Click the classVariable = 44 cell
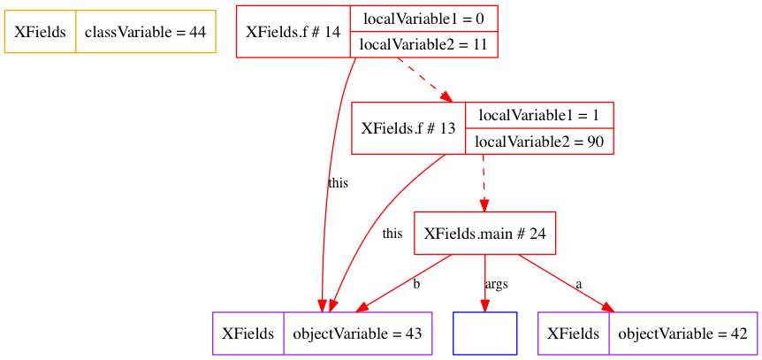(145, 32)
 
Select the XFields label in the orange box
(40, 32)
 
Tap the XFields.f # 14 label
(293, 32)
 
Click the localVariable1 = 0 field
(423, 19)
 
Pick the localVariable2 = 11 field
(423, 44)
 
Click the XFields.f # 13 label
(408, 128)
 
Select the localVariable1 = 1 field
(539, 115)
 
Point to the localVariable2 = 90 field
(539, 142)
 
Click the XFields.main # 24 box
(484, 234)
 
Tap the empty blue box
(484, 333)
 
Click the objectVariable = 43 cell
(357, 333)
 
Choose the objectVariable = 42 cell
(683, 333)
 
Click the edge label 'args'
(496, 284)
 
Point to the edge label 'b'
(416, 284)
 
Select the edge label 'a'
(579, 284)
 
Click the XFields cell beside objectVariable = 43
(248, 333)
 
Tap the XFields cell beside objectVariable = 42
(574, 333)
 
